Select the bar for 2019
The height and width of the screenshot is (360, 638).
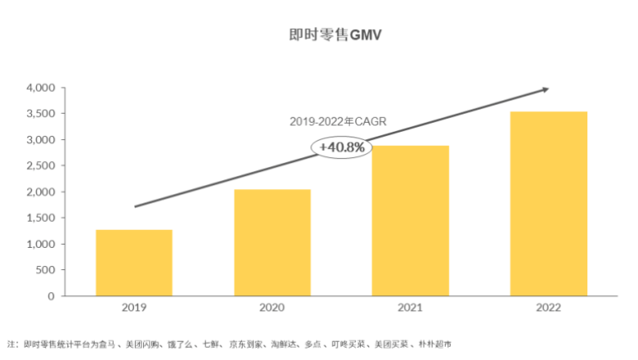pos(134,263)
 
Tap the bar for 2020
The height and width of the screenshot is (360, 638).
pos(272,242)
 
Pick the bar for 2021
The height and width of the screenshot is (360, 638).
pos(411,221)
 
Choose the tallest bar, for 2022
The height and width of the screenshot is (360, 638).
pos(549,204)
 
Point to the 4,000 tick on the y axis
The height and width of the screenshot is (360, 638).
pos(40,88)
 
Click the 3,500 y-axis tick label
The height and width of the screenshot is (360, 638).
pos(40,114)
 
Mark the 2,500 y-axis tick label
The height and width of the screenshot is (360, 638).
pos(40,166)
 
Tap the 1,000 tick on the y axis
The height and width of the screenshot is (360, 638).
pos(40,244)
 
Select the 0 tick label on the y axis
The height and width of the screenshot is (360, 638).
pos(51,296)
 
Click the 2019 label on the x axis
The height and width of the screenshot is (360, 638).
pos(134,308)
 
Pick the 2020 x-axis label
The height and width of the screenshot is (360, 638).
pos(272,308)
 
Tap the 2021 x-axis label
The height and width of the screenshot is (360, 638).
pos(411,308)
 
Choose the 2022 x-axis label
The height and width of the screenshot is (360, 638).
pos(549,308)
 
